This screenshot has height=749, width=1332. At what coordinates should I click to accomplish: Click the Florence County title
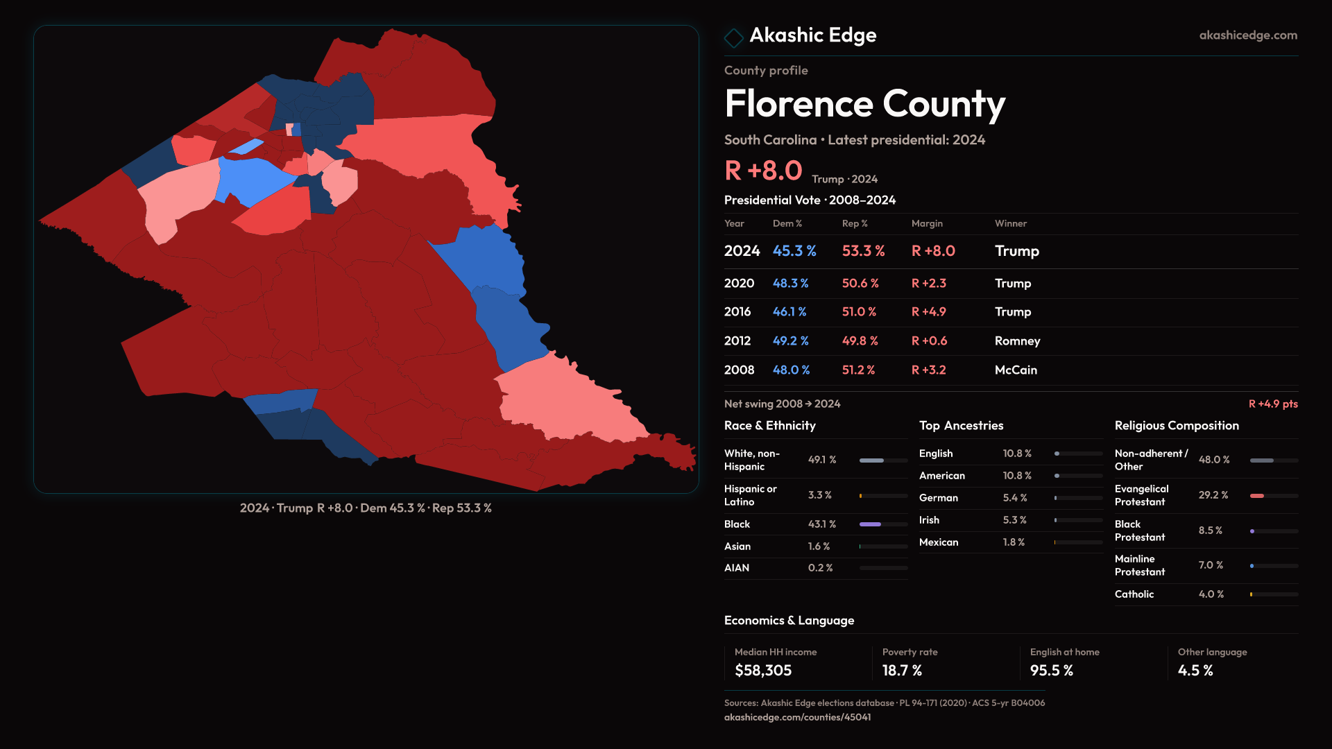[864, 104]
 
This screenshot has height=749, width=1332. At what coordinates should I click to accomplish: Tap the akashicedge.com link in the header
[1247, 35]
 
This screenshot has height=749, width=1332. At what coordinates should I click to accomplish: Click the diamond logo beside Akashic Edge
[733, 37]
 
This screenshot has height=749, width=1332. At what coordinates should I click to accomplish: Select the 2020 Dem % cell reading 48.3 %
[790, 284]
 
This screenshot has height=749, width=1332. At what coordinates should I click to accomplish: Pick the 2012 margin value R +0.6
[929, 341]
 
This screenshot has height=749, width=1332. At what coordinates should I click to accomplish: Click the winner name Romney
[1017, 341]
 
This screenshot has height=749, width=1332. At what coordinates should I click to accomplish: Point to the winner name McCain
[1016, 370]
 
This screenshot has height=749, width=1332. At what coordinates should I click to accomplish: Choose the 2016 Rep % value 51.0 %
[859, 312]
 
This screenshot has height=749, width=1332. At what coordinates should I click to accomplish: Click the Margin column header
[927, 223]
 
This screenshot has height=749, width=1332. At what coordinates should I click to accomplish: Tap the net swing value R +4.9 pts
[1272, 404]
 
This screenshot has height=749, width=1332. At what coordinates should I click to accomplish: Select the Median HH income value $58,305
[763, 671]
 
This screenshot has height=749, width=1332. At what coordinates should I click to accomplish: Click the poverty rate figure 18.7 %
[902, 671]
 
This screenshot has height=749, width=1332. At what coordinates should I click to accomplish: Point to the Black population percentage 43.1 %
[821, 524]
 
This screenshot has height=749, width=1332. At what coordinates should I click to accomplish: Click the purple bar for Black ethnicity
[870, 524]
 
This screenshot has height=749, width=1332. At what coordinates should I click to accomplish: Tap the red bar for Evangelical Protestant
[1256, 496]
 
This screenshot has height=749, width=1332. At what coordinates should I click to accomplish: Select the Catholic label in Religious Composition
[1134, 594]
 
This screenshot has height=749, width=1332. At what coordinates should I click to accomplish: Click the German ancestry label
[938, 498]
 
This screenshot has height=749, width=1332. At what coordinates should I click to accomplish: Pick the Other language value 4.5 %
[1195, 671]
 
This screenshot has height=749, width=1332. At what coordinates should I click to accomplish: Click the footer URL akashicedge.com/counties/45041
[797, 717]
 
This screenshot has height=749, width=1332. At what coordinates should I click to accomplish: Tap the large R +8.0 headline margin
[763, 171]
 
